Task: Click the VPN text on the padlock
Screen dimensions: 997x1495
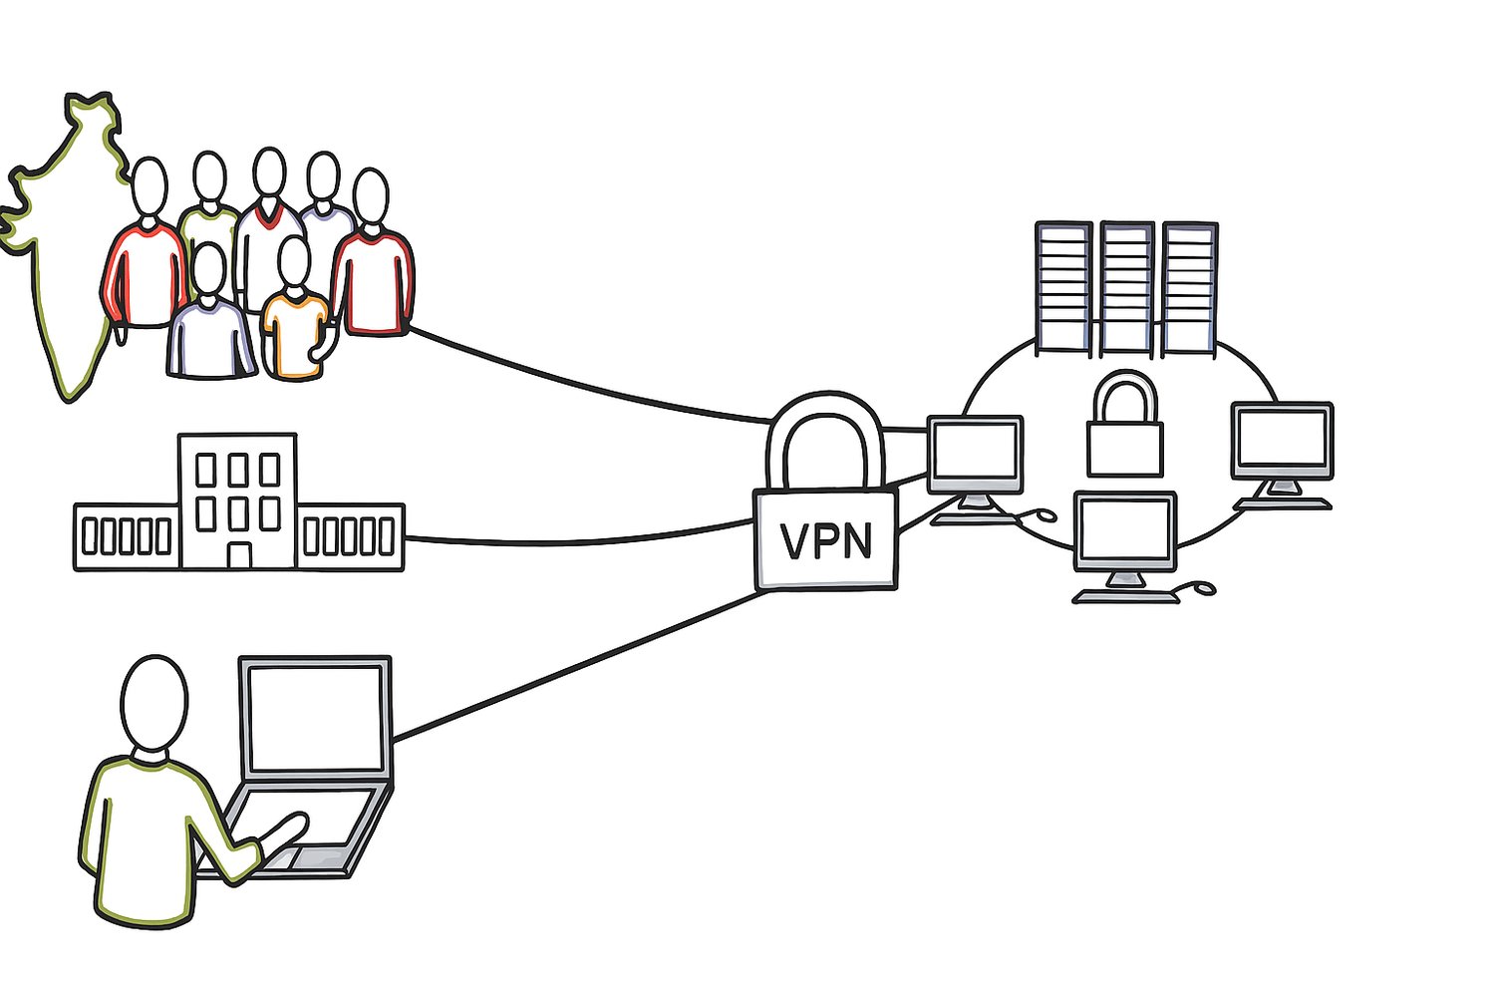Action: [x=826, y=541]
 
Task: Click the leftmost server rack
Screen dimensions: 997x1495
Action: [x=1063, y=287]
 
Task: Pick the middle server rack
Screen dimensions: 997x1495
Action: [x=1127, y=287]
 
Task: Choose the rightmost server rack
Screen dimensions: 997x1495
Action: [x=1190, y=287]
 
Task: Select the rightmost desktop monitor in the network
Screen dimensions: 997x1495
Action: [x=1282, y=440]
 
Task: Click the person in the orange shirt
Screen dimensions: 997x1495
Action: [x=295, y=334]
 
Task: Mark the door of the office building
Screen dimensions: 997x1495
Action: [x=239, y=555]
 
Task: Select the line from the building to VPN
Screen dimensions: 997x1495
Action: [x=578, y=541]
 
